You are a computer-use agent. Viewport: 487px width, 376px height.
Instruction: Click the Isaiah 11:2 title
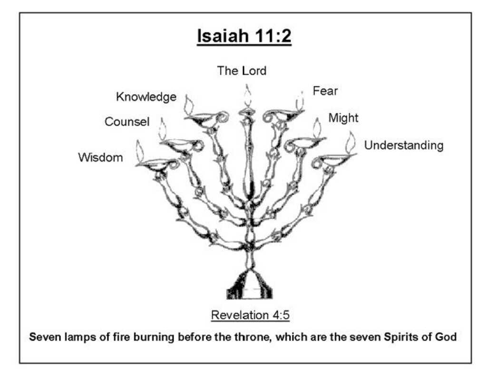[244, 36]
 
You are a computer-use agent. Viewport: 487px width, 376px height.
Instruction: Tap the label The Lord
[242, 71]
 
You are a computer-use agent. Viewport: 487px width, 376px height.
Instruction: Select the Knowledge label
[146, 97]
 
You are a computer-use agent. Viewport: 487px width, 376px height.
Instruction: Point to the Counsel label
[127, 122]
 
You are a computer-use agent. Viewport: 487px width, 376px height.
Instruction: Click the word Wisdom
[100, 157]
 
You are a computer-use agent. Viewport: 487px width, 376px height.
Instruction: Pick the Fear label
[325, 91]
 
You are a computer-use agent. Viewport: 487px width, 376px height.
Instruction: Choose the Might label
[343, 118]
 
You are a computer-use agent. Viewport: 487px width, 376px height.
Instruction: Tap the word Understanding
[404, 145]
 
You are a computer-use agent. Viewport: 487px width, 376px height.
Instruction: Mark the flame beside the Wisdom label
[140, 151]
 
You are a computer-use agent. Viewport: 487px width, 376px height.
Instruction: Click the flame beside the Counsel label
[163, 129]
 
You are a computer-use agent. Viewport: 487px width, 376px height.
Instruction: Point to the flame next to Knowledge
[189, 105]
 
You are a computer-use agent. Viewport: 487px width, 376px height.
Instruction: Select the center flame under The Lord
[247, 96]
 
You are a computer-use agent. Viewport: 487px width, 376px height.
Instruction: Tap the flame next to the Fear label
[300, 100]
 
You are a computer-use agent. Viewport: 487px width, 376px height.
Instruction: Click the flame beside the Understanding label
[351, 142]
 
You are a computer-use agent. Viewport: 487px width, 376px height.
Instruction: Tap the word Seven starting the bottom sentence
[43, 337]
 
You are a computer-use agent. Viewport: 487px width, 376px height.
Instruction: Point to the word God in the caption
[446, 337]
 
